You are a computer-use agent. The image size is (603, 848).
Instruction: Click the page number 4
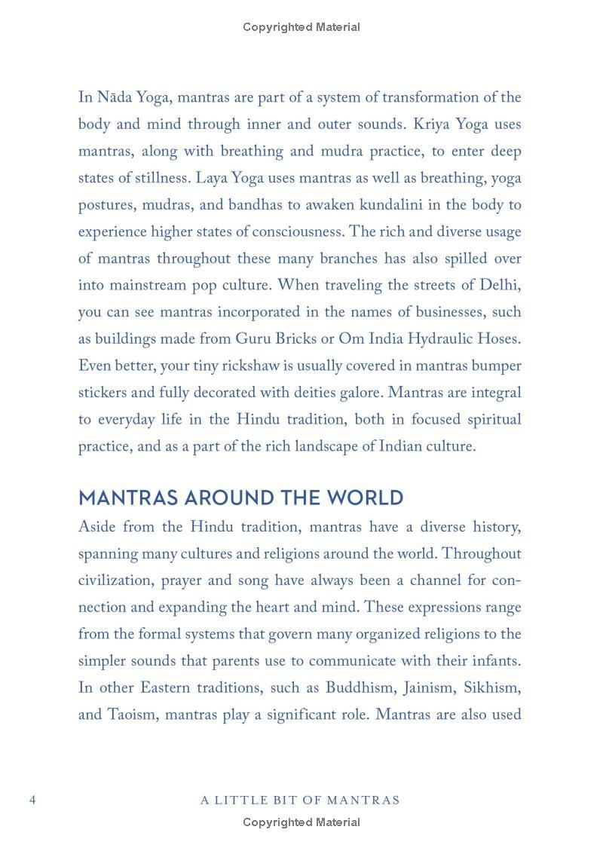point(32,800)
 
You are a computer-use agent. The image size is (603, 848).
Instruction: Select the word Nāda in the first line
point(115,97)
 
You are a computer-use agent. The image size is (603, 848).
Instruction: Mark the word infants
point(494,661)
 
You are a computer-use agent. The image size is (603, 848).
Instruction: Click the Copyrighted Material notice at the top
point(301,27)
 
